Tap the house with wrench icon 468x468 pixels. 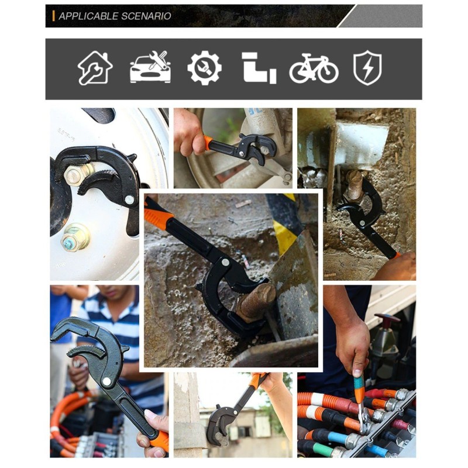(x=95, y=68)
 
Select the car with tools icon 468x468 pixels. (x=150, y=67)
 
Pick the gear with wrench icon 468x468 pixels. (x=204, y=68)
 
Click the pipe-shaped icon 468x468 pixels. (x=259, y=68)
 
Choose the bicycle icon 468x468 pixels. (x=314, y=68)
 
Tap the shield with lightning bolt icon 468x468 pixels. (x=367, y=68)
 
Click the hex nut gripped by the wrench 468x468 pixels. (x=74, y=175)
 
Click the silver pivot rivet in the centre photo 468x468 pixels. (x=226, y=263)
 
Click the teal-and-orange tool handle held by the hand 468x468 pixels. (x=359, y=389)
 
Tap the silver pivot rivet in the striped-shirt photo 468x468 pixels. (x=106, y=381)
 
